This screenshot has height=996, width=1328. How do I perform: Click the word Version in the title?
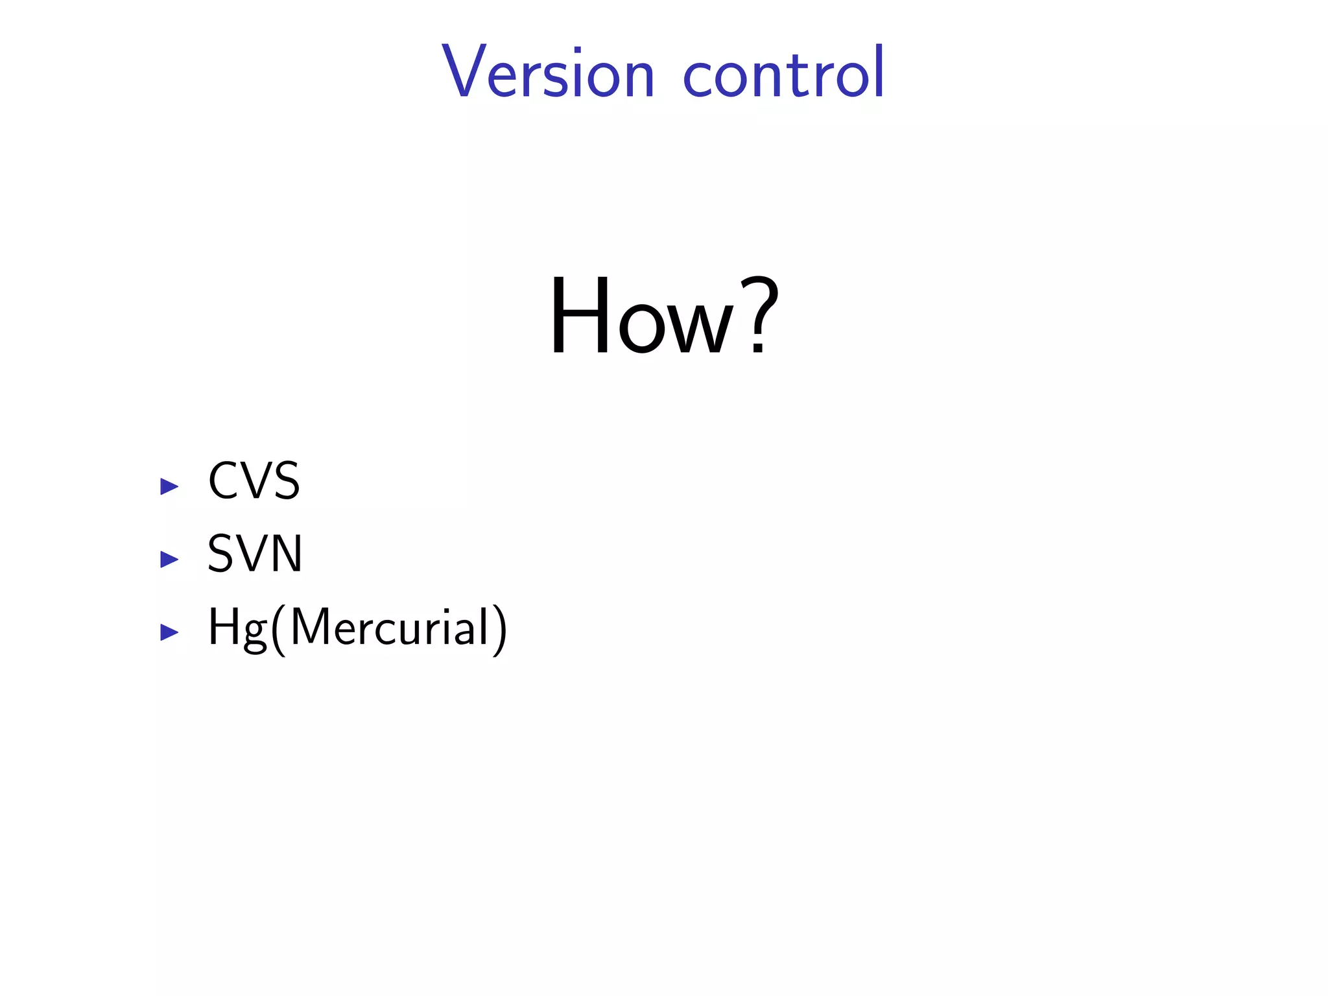pyautogui.click(x=548, y=73)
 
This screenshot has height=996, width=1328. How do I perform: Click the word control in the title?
pyautogui.click(x=783, y=73)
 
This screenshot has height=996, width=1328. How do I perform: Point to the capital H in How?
pyautogui.click(x=579, y=316)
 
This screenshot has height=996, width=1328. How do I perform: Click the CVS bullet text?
pyautogui.click(x=254, y=481)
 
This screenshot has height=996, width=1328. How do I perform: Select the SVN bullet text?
pyautogui.click(x=255, y=554)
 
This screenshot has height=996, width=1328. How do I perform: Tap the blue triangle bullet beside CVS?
pyautogui.click(x=169, y=486)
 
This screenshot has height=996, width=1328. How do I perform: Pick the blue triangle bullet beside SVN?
pyautogui.click(x=169, y=559)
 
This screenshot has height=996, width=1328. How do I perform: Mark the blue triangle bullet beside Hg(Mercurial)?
pyautogui.click(x=169, y=632)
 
